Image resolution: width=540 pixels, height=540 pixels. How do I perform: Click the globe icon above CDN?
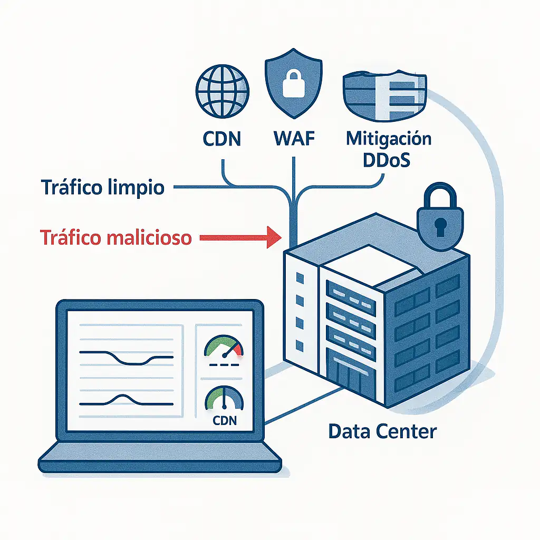pyautogui.click(x=221, y=90)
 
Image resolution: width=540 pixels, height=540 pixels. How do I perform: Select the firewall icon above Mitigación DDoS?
pyautogui.click(x=384, y=95)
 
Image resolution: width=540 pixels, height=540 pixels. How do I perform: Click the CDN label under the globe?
pyautogui.click(x=221, y=139)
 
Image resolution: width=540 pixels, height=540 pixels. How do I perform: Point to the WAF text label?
pyautogui.click(x=294, y=139)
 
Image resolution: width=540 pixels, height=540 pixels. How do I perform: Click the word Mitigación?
pyautogui.click(x=389, y=139)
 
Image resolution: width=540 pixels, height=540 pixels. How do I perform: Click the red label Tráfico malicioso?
pyautogui.click(x=116, y=237)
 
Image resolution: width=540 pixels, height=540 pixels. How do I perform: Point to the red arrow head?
pyautogui.click(x=273, y=237)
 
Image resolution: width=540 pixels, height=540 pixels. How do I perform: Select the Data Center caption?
pyautogui.click(x=382, y=431)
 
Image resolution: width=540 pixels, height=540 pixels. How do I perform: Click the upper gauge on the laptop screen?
pyautogui.click(x=224, y=350)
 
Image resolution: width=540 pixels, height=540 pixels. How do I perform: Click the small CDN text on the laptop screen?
pyautogui.click(x=224, y=421)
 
